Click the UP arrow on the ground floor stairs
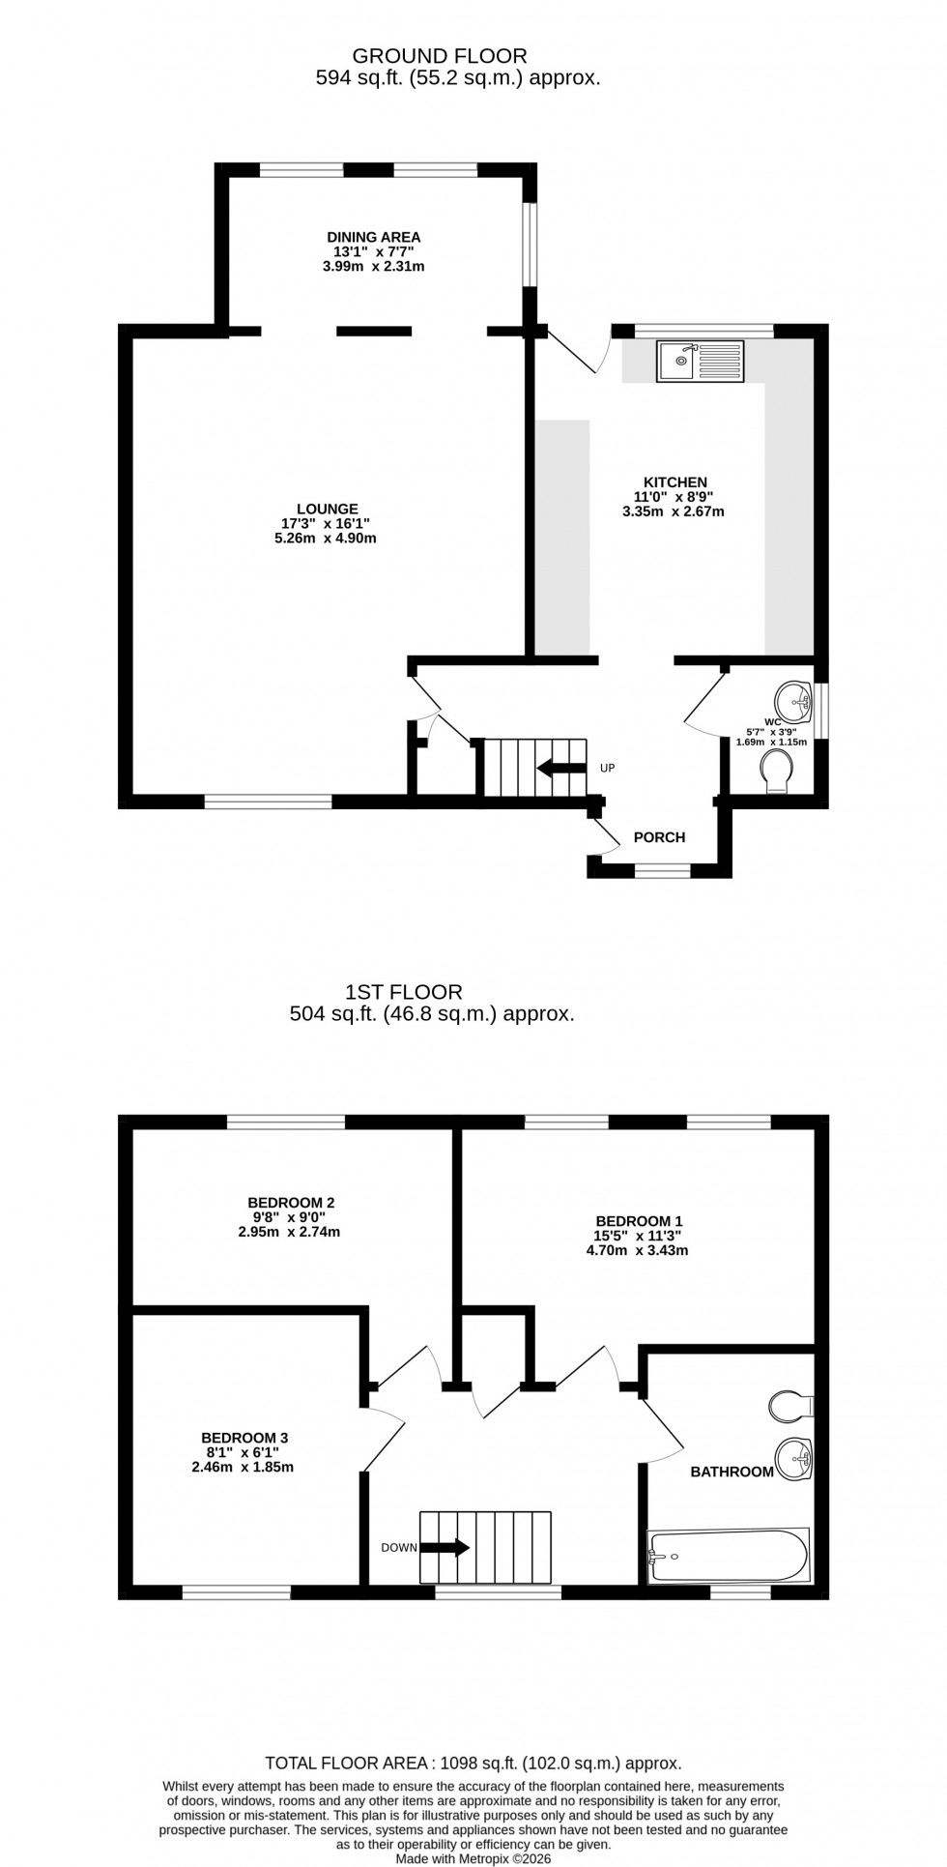[561, 769]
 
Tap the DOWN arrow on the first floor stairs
[445, 1547]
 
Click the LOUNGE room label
[328, 509]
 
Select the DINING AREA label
[373, 237]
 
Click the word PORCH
[659, 837]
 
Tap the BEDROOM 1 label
[639, 1220]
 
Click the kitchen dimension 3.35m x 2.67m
[673, 511]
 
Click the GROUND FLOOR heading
[440, 56]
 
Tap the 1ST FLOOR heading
[404, 991]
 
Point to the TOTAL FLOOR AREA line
[473, 1764]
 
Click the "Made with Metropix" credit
[473, 1858]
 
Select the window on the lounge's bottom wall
[268, 801]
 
